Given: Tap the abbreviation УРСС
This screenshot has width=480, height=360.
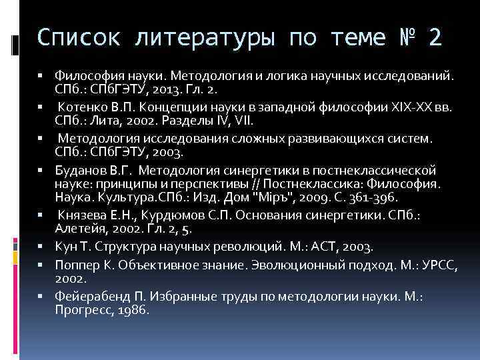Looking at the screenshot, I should click(417, 265).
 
